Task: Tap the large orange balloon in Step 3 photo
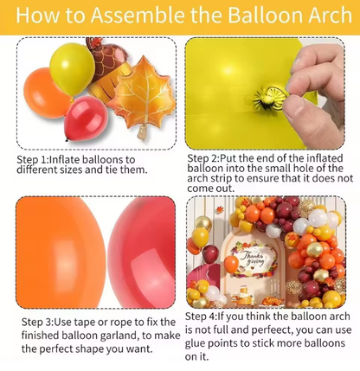pyautogui.click(x=56, y=251)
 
